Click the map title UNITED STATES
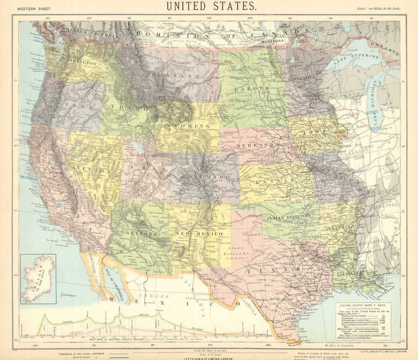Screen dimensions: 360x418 [211, 6]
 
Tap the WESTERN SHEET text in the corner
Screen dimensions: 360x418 [35, 8]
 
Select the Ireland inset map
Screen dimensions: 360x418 [38, 279]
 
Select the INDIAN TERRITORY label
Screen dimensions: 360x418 [288, 216]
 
